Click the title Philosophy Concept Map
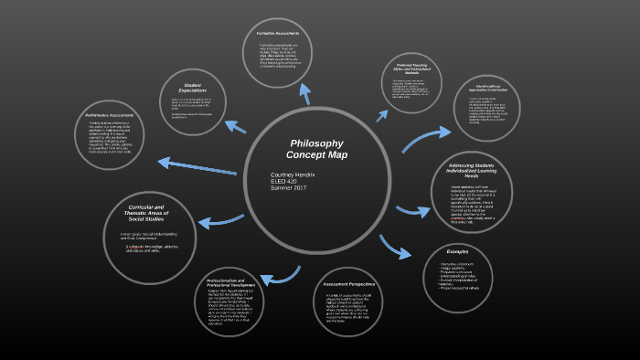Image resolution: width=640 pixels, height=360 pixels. click(x=315, y=149)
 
